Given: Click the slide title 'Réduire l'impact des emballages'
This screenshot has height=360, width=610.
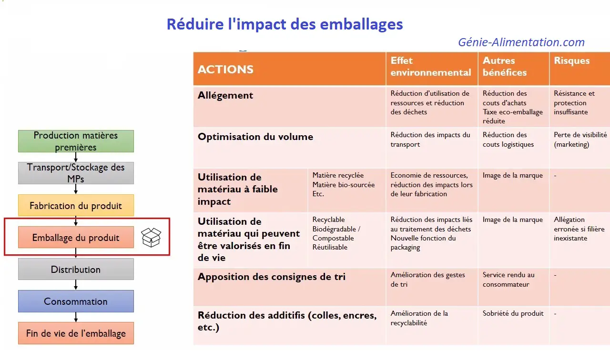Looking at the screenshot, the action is (285, 24).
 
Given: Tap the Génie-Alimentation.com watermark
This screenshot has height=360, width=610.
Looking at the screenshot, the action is (521, 42).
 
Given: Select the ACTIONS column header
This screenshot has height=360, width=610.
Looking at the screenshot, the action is (225, 70).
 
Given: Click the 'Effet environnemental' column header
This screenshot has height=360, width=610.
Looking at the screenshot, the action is (431, 66).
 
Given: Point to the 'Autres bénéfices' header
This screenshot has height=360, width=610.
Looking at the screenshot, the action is (505, 66).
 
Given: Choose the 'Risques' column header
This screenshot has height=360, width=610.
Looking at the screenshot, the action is (571, 60).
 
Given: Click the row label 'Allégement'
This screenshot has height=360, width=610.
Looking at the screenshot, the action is (225, 95).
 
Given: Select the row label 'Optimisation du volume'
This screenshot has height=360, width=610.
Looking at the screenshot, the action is (255, 137).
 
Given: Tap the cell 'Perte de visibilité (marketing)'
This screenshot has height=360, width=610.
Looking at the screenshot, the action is (580, 140).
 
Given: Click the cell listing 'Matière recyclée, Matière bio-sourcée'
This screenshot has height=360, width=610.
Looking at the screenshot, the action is (344, 184).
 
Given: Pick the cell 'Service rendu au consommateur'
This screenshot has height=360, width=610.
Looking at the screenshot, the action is (508, 280).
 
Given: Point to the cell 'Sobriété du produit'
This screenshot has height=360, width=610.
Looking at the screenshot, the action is (513, 313).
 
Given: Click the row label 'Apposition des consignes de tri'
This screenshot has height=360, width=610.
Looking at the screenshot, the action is (272, 277).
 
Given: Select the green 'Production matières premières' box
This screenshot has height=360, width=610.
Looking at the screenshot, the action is (76, 141).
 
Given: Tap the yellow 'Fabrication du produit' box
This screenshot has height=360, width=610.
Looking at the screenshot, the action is (76, 205).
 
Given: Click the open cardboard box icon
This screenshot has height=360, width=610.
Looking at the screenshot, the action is (151, 237).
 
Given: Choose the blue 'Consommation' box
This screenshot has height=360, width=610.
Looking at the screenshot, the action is (76, 301).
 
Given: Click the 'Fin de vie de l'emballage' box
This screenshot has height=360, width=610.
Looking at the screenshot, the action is (76, 333).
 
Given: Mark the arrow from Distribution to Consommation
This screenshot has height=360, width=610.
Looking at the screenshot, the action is (76, 285).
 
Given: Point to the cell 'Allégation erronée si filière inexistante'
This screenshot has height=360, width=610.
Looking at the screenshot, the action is (579, 229).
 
